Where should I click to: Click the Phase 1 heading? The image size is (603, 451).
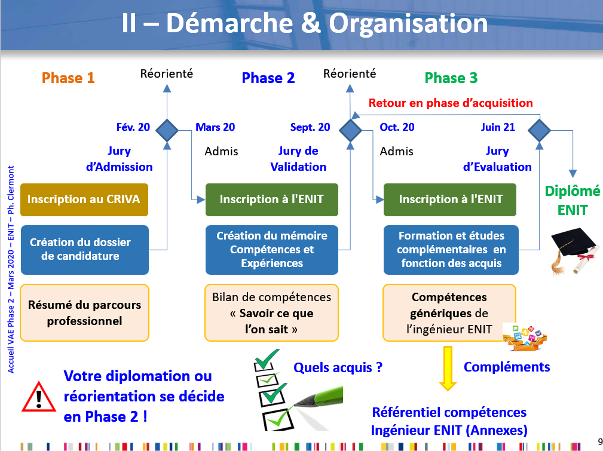coord(68,78)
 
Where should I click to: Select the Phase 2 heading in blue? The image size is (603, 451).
coord(268,78)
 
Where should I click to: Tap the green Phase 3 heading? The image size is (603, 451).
coord(451,78)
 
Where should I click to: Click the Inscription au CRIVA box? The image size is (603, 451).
coord(84,200)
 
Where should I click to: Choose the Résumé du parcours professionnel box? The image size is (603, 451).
coord(85,312)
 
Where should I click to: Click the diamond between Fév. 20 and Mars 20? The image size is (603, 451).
coord(167,128)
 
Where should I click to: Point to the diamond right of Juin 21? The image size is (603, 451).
coord(540,128)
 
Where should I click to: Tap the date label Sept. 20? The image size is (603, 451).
coord(310,127)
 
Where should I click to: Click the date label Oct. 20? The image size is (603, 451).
coord(397,127)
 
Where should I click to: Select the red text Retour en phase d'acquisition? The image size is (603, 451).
coord(451,103)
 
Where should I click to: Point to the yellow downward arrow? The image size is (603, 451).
coord(444,368)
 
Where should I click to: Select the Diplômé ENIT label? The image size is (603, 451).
coord(572,200)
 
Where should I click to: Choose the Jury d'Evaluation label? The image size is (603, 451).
coord(497,159)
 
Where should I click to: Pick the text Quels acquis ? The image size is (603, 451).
coord(338,367)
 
